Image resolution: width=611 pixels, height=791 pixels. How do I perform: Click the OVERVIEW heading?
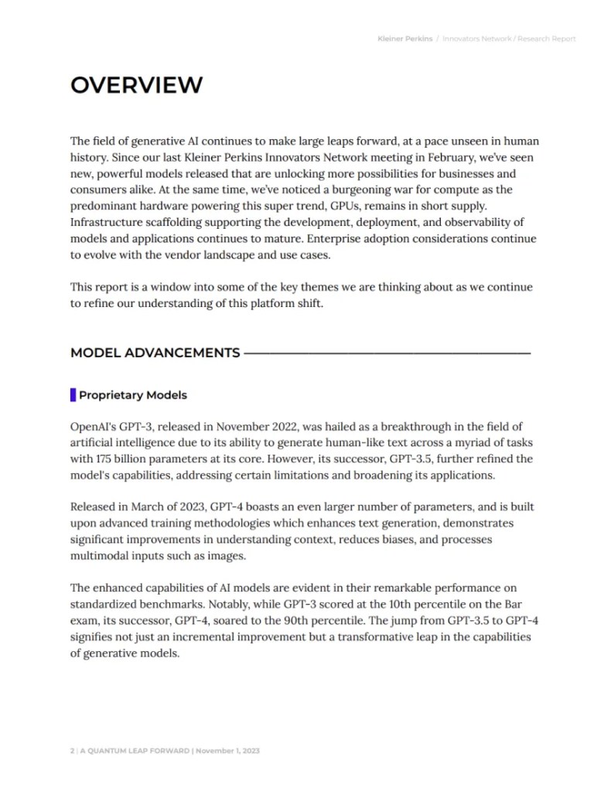tap(136, 85)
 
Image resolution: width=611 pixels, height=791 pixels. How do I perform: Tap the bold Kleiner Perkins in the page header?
tap(404, 39)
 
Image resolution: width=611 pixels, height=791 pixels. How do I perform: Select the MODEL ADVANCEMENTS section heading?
tap(155, 353)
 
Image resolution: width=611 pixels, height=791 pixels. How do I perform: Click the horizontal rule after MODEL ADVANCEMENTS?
tap(387, 353)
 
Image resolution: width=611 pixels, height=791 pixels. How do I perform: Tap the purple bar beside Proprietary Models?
tap(73, 395)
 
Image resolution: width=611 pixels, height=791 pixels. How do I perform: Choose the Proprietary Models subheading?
tap(133, 395)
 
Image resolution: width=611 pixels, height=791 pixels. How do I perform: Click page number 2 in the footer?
tap(72, 750)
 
